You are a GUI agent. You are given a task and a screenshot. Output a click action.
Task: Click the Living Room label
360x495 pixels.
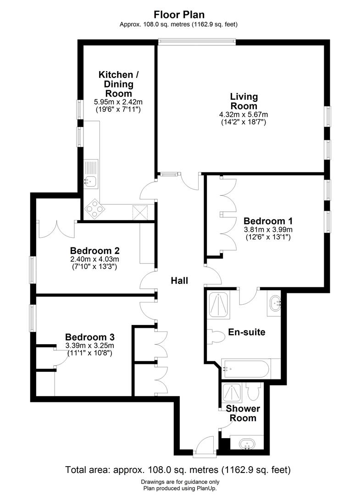point(244,101)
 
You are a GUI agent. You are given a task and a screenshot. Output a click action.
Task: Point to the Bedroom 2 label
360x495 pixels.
point(95,251)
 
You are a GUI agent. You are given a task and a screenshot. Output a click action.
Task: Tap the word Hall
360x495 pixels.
point(180,280)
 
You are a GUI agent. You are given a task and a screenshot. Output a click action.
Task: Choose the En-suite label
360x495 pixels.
point(247,332)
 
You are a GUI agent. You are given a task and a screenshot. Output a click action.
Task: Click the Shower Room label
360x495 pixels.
point(243,413)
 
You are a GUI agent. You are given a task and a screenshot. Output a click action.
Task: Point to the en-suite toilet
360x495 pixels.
point(216,337)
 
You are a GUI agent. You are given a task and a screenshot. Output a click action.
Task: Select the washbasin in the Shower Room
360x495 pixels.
point(247,443)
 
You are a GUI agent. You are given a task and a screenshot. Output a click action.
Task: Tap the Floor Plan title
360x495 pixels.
point(179,15)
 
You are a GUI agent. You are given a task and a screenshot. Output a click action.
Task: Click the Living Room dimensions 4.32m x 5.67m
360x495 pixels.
point(244,114)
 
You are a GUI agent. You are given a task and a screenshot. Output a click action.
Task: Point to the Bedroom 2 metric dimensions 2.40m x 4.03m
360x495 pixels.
point(95,259)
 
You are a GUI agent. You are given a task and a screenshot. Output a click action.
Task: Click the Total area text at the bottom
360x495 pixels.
point(178,470)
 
